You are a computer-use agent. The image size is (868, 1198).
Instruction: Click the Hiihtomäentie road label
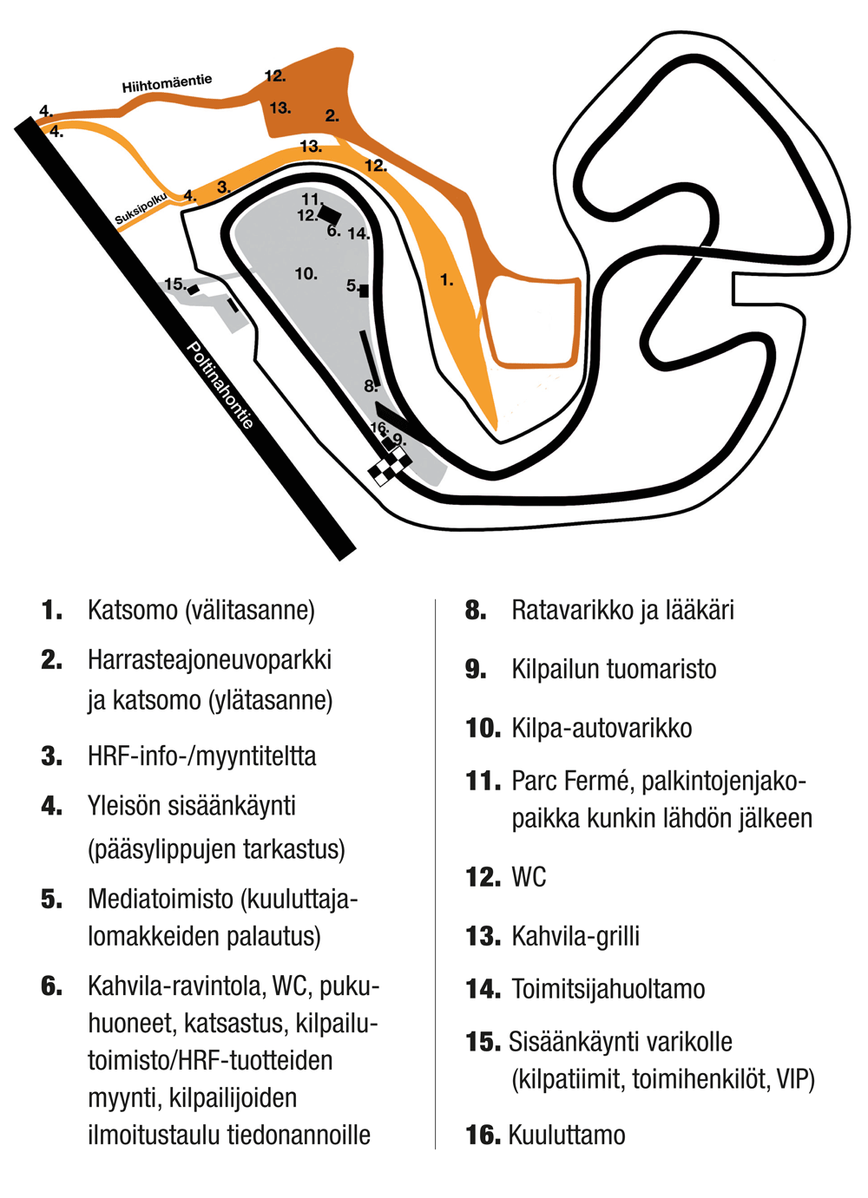pyautogui.click(x=167, y=83)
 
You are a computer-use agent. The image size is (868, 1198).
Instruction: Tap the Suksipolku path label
pyautogui.click(x=141, y=208)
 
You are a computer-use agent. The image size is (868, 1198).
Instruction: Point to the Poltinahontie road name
pyautogui.click(x=220, y=385)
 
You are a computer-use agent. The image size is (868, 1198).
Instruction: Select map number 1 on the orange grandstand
pyautogui.click(x=447, y=279)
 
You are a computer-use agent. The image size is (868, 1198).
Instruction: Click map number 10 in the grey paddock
pyautogui.click(x=306, y=274)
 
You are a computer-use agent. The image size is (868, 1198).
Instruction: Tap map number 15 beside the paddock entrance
pyautogui.click(x=175, y=284)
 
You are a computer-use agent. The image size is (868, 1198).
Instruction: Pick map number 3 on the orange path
pyautogui.click(x=224, y=187)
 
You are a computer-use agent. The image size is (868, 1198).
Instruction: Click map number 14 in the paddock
pyautogui.click(x=358, y=233)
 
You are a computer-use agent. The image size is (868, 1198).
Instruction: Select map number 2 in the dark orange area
pyautogui.click(x=332, y=115)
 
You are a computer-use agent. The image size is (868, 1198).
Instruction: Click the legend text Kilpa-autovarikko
pyautogui.click(x=602, y=728)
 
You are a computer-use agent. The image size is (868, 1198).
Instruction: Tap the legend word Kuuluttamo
pyautogui.click(x=567, y=1135)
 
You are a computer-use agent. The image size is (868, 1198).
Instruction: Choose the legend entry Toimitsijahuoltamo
pyautogui.click(x=608, y=989)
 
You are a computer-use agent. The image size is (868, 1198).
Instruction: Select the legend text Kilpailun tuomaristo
pyautogui.click(x=614, y=669)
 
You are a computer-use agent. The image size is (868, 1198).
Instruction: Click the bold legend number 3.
pyautogui.click(x=51, y=756)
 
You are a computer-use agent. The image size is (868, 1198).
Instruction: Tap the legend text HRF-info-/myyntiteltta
pyautogui.click(x=201, y=756)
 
